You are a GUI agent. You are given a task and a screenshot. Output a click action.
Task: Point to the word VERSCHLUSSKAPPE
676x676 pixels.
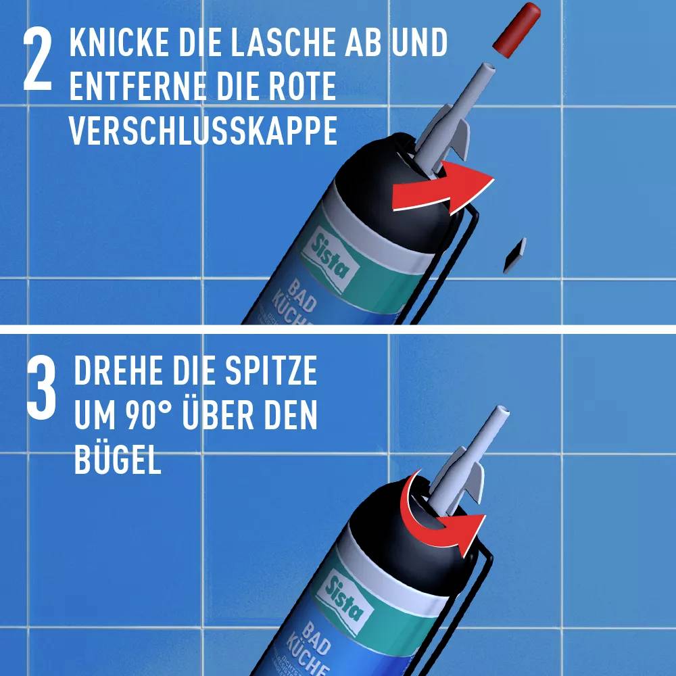click(203, 131)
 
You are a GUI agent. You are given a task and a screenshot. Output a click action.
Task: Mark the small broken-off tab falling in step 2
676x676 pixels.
click(515, 255)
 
